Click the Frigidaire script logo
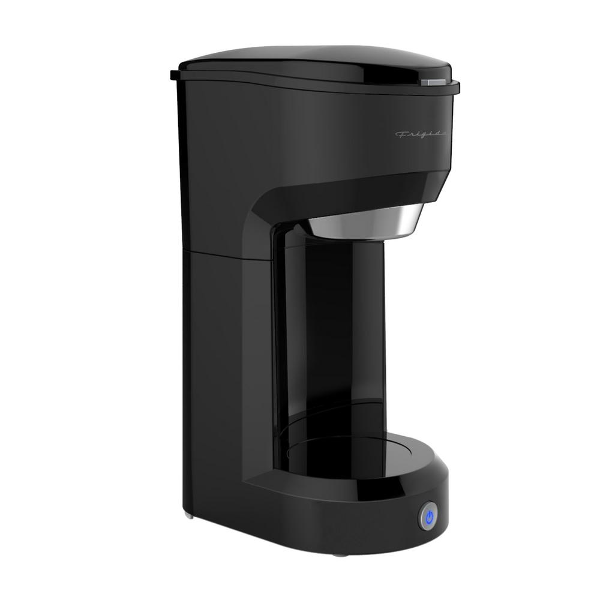click(421, 134)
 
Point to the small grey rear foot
click(190, 514)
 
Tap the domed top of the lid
click(312, 60)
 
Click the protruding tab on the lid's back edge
click(174, 76)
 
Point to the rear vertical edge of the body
click(181, 300)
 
